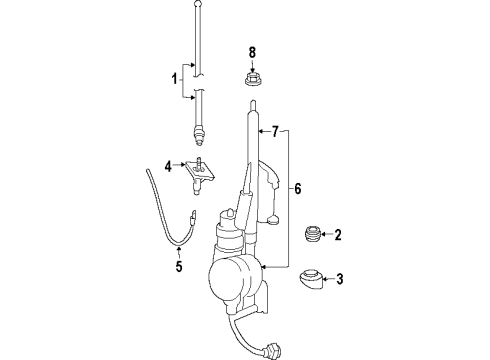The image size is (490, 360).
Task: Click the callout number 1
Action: coord(173,78)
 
